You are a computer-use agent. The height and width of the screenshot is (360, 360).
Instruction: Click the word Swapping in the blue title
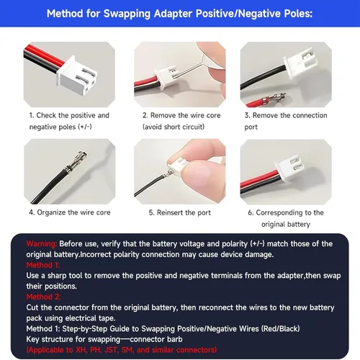[127, 14]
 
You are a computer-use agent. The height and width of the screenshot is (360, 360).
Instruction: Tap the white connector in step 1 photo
[77, 75]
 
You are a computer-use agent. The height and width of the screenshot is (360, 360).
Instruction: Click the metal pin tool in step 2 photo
[189, 68]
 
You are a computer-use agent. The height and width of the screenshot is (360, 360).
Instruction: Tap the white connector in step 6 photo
[290, 167]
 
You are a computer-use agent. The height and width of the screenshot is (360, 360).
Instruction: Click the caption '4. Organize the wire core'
[70, 212]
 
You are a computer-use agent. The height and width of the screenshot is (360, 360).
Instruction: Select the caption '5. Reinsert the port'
[180, 212]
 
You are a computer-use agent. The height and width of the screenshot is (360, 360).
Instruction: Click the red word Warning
[42, 244]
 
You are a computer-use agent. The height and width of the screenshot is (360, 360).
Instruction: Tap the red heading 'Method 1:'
[43, 265]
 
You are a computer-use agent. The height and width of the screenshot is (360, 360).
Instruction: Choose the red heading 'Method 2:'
[43, 297]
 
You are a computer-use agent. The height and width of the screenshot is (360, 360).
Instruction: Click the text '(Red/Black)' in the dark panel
[280, 328]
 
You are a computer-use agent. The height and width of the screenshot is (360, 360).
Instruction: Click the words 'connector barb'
[156, 339]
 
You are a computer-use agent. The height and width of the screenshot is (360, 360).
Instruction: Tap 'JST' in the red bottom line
[111, 350]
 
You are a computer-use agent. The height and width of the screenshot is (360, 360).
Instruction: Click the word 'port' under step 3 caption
[251, 127]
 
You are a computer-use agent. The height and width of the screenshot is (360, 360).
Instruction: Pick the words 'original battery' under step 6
[286, 225]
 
